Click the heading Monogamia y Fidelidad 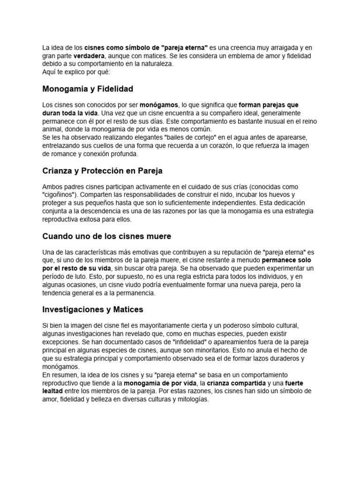[x=88, y=89]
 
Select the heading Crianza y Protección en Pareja [x=102, y=171]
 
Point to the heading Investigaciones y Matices [x=93, y=309]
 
